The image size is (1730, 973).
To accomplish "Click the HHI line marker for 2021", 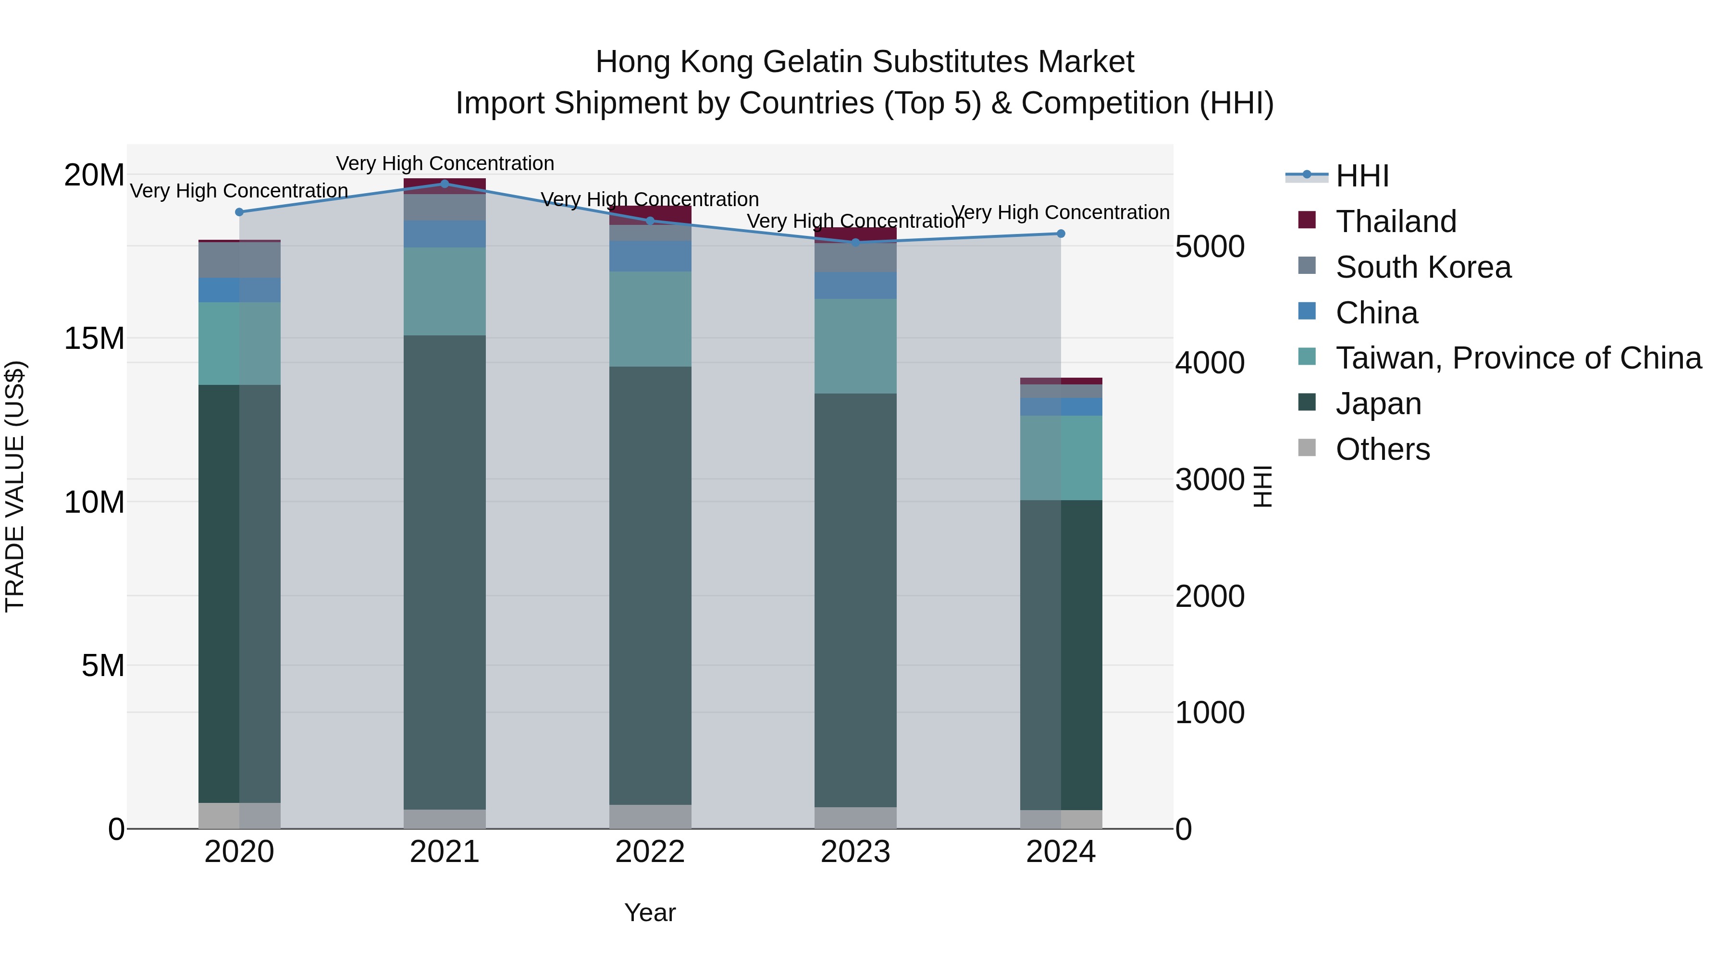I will coord(445,184).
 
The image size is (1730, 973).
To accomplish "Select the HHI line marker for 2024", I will coord(1061,234).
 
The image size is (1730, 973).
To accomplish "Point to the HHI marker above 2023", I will coord(855,243).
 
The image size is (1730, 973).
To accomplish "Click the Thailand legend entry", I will coord(1396,222).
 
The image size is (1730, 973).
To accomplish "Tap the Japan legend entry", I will coord(1378,404).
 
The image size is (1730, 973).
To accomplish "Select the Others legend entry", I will coord(1382,449).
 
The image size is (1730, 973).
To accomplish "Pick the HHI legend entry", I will coord(1361,176).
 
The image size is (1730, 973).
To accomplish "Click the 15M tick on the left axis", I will coord(94,338).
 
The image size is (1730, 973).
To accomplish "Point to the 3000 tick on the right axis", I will coord(1210,480).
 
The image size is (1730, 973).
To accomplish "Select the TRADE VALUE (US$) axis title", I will coord(15,486).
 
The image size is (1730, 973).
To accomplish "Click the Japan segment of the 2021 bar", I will coord(445,571).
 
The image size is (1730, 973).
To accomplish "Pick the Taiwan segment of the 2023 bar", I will coord(855,346).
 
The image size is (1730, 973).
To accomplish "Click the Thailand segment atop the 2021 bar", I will coord(445,185).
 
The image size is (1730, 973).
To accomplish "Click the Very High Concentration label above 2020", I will coord(239,191).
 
